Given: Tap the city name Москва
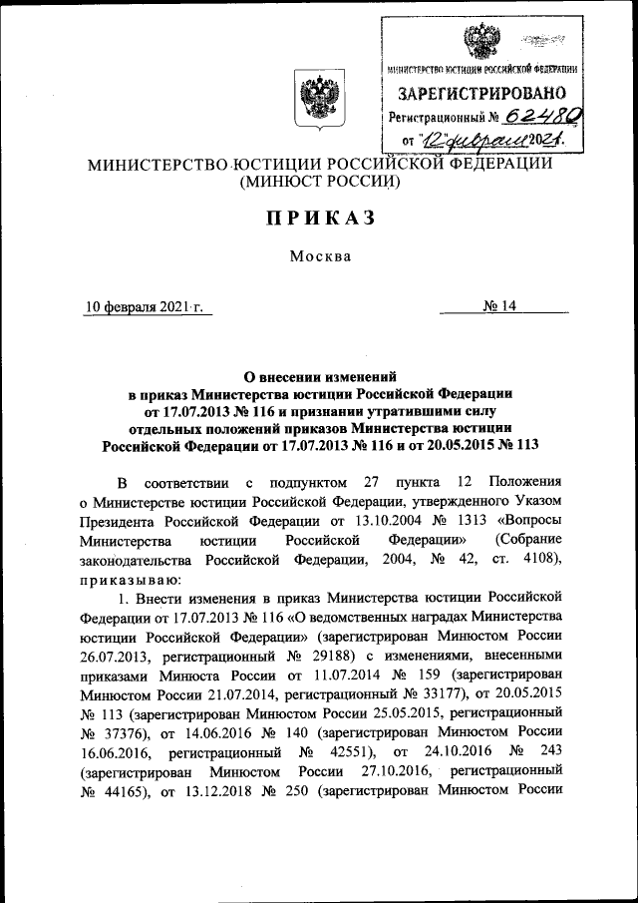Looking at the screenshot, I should pos(320,256).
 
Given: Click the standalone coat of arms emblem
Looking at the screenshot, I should pos(318,103).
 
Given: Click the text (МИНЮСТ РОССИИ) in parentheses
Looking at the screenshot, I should pos(319,183).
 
